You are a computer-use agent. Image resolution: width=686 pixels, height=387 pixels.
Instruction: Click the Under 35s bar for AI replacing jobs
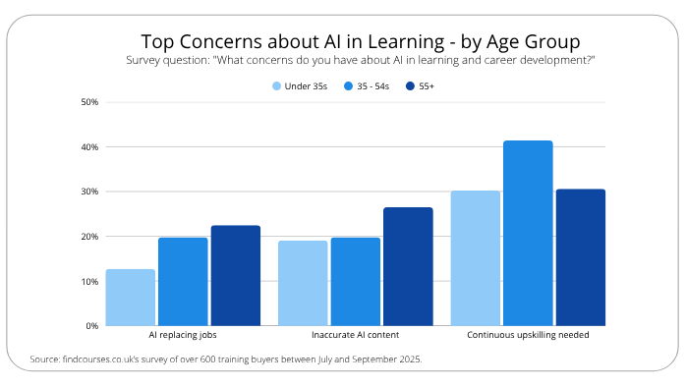tap(131, 298)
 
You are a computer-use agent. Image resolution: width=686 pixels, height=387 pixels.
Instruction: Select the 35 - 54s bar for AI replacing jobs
tap(183, 282)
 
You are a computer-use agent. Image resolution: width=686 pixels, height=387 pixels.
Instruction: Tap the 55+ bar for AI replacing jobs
tap(236, 276)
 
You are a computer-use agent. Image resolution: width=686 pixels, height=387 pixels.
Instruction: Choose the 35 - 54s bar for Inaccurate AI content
tap(356, 282)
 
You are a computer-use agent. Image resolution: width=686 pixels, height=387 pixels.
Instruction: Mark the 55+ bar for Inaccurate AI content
tap(408, 266)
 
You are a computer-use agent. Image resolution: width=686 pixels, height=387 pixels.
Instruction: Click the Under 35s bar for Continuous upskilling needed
tap(476, 258)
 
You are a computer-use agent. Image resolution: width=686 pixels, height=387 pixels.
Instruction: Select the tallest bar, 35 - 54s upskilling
tap(528, 233)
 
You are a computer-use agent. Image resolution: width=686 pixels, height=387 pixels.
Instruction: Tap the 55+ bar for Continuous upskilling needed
tap(580, 257)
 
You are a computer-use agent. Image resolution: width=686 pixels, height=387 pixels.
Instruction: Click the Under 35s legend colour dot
tap(277, 86)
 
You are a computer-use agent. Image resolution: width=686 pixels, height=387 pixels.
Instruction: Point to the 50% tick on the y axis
tap(89, 102)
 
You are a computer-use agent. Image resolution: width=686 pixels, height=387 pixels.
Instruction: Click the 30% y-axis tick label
tap(89, 192)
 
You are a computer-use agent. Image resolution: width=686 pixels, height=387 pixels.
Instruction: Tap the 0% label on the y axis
tap(91, 326)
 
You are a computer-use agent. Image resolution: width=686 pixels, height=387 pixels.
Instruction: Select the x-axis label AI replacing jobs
tap(183, 336)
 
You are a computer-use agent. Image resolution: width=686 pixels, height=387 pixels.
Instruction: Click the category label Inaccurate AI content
tap(356, 336)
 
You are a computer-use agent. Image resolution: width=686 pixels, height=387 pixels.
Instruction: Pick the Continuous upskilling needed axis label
tap(528, 336)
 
